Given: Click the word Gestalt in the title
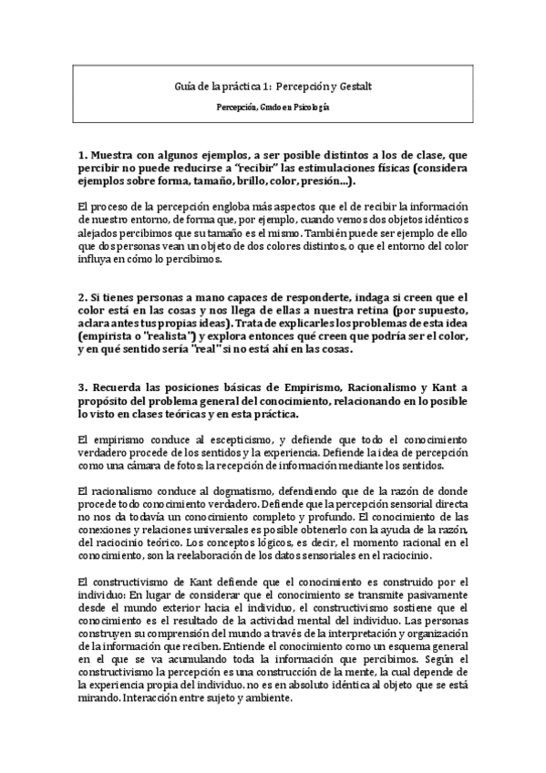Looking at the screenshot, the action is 354,86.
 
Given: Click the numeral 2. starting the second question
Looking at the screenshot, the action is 84,297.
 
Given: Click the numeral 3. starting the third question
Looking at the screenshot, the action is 84,385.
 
